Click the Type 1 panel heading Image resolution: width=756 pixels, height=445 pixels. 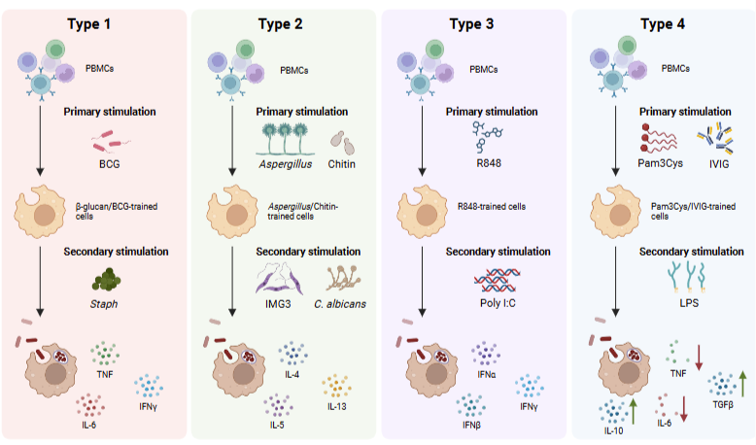point(88,24)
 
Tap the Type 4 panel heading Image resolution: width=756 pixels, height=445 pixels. point(663,24)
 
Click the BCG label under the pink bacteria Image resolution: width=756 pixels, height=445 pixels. point(110,164)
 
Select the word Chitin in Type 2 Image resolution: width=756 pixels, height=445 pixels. point(341,164)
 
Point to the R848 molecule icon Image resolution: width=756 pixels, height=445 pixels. point(487,136)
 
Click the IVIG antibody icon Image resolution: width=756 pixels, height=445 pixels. point(715,139)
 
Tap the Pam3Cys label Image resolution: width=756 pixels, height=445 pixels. point(660,163)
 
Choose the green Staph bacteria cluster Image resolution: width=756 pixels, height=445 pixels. point(106,280)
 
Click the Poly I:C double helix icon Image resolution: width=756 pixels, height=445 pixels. point(498,281)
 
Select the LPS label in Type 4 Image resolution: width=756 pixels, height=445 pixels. point(689,303)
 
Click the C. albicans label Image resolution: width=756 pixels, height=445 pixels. point(340,304)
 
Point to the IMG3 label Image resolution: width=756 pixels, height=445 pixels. point(278,304)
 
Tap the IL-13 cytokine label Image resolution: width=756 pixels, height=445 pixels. point(336,406)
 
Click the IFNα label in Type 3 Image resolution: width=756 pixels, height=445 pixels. point(486,374)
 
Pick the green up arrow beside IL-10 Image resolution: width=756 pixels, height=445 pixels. point(633,411)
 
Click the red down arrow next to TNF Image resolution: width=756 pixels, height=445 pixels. point(699,358)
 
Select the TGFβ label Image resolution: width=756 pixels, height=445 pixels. point(723,405)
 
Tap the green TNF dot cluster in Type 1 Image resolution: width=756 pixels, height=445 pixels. point(105,354)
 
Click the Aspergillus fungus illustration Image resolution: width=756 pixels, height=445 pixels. point(285,139)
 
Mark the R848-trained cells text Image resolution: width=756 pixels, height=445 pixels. point(492,206)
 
